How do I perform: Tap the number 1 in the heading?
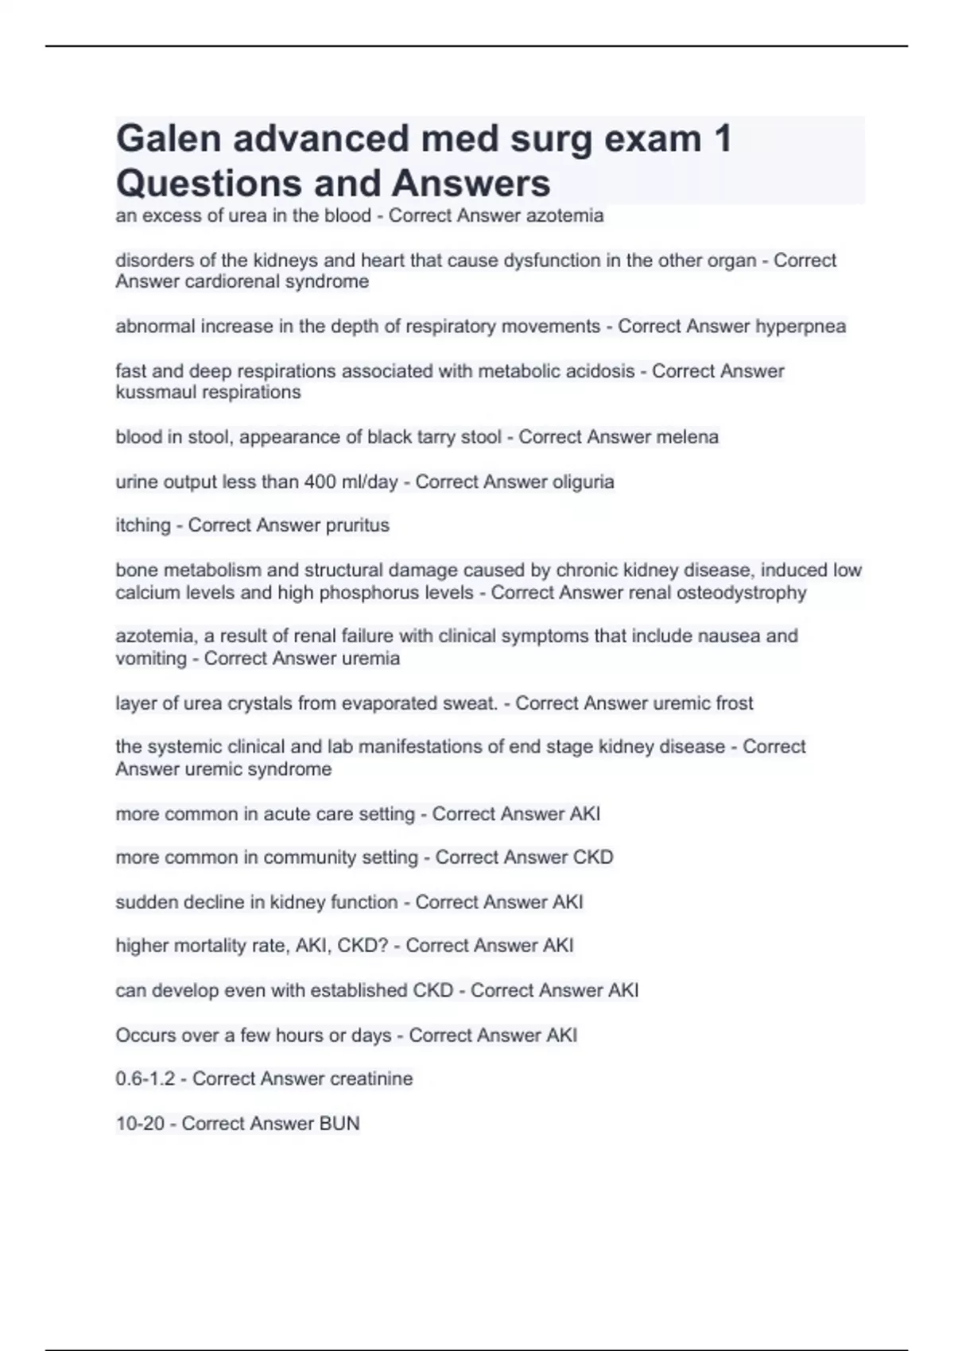[722, 138]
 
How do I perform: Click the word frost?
[734, 703]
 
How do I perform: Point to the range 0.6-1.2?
[145, 1078]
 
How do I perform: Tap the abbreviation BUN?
[339, 1123]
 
